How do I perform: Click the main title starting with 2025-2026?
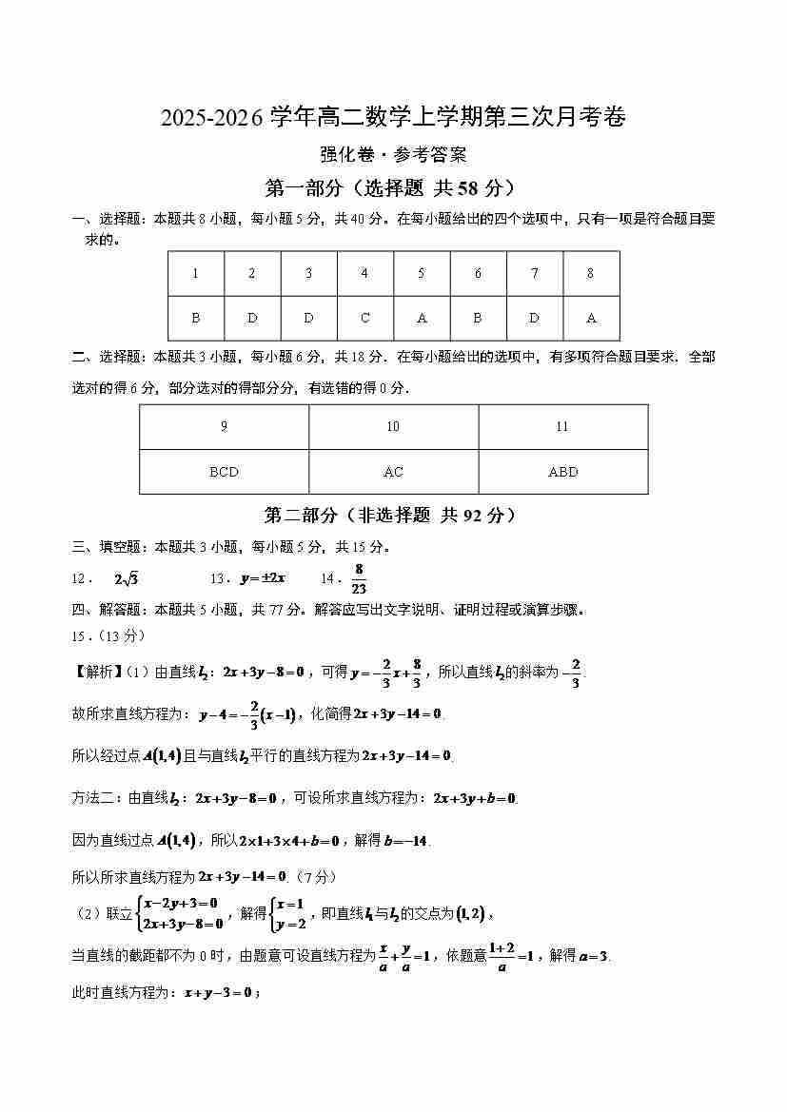tap(393, 117)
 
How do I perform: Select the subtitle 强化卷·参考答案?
tap(393, 154)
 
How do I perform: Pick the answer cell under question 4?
tap(365, 319)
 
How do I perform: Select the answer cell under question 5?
tap(422, 319)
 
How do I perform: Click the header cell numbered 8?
tap(590, 274)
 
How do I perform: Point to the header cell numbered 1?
tap(196, 274)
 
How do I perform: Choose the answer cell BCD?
tap(224, 472)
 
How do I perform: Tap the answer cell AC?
tap(393, 472)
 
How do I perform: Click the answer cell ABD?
tap(562, 472)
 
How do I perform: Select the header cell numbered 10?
tap(393, 427)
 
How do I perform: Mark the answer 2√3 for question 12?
tap(127, 578)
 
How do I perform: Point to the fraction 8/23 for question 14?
tap(359, 577)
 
